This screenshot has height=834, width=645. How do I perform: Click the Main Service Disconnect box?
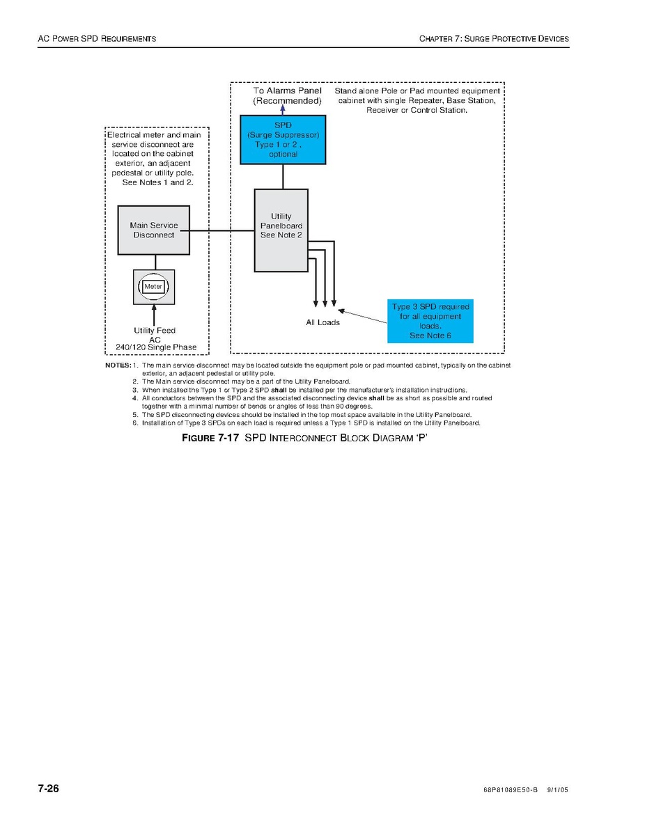(153, 230)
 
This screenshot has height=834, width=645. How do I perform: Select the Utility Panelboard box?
(281, 230)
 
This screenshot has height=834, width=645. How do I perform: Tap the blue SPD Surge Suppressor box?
(283, 139)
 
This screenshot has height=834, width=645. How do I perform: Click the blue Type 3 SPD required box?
(430, 321)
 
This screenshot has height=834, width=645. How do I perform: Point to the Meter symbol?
(153, 286)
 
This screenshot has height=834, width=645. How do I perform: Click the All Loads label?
(323, 322)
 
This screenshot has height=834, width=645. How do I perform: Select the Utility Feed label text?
(155, 331)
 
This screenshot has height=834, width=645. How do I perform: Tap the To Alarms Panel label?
(287, 91)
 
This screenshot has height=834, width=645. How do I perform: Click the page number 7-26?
(48, 789)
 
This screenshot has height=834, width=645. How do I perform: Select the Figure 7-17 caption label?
(212, 438)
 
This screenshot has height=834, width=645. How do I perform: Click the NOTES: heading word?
(118, 365)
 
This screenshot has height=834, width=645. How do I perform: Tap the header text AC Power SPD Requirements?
(97, 39)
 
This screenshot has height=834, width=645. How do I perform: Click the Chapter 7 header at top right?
(494, 39)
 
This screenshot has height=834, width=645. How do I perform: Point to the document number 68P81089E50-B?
(510, 791)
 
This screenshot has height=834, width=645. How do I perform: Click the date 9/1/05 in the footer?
(558, 791)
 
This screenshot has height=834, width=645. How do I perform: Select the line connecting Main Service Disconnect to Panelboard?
(222, 230)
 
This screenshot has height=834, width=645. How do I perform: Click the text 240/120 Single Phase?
(156, 347)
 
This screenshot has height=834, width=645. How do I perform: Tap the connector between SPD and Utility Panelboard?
(283, 176)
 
